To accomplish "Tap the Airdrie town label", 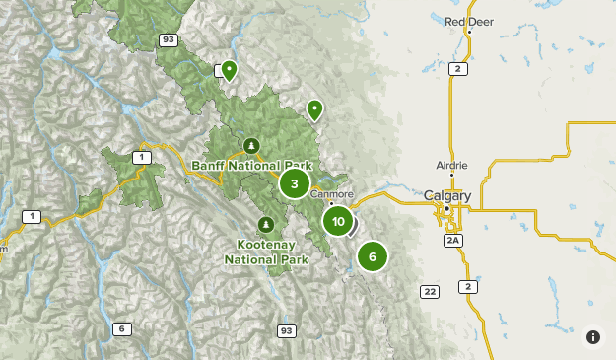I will point(452,165).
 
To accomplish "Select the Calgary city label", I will point(447,196).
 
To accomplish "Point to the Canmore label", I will point(331,194).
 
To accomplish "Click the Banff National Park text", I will point(251,165).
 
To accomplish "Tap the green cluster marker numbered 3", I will point(294,183).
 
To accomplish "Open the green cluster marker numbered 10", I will point(338,221).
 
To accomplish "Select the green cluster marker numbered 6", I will point(372,257).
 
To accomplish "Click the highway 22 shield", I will point(429,291).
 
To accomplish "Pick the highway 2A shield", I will point(453,240).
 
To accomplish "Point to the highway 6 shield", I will point(122,328).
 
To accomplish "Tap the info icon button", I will point(593,337).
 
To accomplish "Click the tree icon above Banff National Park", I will point(252,146).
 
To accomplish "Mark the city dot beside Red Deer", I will point(470,32).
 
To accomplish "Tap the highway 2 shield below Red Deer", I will point(457,68).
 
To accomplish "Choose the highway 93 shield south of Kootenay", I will point(287,330).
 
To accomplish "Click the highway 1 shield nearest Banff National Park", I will point(144,157).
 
